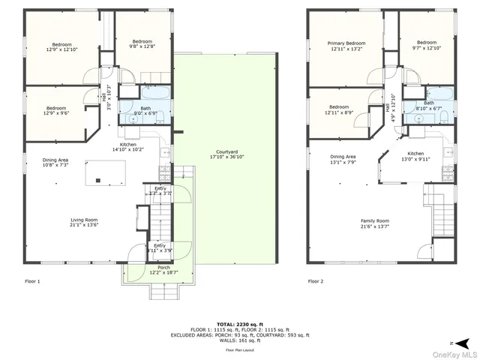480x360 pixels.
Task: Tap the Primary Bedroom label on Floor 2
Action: point(346,46)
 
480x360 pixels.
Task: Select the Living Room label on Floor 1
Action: point(84,222)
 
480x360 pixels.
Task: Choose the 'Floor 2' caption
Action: point(316,282)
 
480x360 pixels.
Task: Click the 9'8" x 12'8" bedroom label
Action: point(142,44)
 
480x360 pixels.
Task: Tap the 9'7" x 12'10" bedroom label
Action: point(427,45)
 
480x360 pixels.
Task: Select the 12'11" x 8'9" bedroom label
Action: point(339,109)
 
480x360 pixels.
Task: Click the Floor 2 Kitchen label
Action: point(415,155)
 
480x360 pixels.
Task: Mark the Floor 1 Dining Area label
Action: point(56,161)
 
